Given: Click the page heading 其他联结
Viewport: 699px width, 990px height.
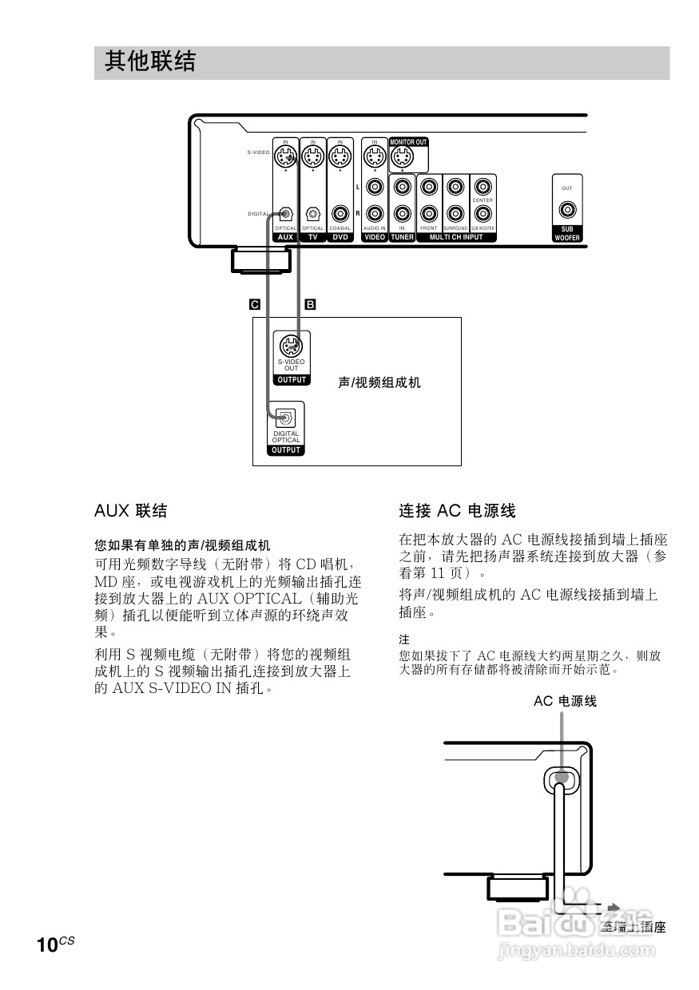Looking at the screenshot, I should click(x=150, y=62).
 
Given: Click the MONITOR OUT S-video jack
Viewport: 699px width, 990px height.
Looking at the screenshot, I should click(x=402, y=158).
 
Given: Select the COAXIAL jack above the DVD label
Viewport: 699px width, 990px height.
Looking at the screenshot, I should click(x=340, y=214).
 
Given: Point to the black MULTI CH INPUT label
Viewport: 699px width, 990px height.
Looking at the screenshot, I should click(x=456, y=237).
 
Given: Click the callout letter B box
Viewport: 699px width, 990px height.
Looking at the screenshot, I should click(x=311, y=304).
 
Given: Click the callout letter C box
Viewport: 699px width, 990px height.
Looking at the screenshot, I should click(x=255, y=304).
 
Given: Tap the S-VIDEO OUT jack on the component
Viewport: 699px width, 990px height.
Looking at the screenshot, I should click(x=292, y=346).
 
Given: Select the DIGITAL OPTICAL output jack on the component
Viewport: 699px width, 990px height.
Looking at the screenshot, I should click(x=285, y=418).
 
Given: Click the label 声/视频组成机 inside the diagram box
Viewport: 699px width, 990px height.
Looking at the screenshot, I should click(x=379, y=383).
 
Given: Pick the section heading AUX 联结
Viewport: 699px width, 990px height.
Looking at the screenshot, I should click(x=130, y=511).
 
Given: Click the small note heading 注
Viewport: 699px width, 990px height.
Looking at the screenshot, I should click(x=404, y=640).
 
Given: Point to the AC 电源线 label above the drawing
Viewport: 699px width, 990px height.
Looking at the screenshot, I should click(x=565, y=701).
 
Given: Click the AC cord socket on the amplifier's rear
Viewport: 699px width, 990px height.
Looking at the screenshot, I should click(x=561, y=777).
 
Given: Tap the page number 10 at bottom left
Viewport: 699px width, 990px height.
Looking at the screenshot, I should click(x=47, y=945).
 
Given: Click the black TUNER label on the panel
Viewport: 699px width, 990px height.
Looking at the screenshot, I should click(x=402, y=237).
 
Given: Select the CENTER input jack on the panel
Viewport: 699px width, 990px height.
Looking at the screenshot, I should click(x=483, y=214).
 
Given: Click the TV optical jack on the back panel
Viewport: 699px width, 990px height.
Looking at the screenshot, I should click(x=313, y=214).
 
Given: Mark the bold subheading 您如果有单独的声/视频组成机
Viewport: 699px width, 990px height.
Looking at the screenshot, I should click(x=182, y=546).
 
